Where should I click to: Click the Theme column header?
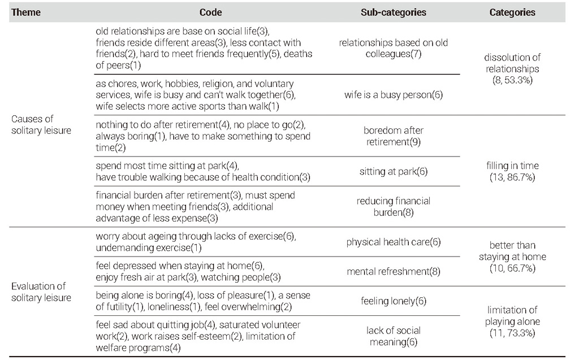click(26, 12)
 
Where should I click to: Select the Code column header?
click(210, 12)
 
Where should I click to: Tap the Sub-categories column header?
click(394, 12)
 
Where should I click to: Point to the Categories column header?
click(512, 12)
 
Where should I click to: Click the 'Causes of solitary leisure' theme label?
click(41, 124)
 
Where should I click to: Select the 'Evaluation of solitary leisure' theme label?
click(41, 292)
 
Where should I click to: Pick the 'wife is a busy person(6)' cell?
click(394, 95)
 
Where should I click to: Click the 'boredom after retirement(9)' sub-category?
click(394, 136)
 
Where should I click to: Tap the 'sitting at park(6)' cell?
click(394, 171)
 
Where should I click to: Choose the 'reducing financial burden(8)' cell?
click(394, 206)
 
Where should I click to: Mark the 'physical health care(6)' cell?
click(394, 242)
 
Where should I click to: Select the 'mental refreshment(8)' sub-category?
click(394, 271)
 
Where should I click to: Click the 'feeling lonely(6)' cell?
click(394, 301)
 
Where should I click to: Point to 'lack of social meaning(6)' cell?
click(394, 336)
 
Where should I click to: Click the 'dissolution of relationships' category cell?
click(512, 69)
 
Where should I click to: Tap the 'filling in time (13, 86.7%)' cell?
click(512, 171)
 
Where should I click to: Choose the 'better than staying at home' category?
click(512, 257)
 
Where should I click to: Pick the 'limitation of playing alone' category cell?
click(512, 321)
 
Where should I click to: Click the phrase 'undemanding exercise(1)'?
click(149, 248)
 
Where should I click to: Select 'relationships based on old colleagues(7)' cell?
click(394, 48)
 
